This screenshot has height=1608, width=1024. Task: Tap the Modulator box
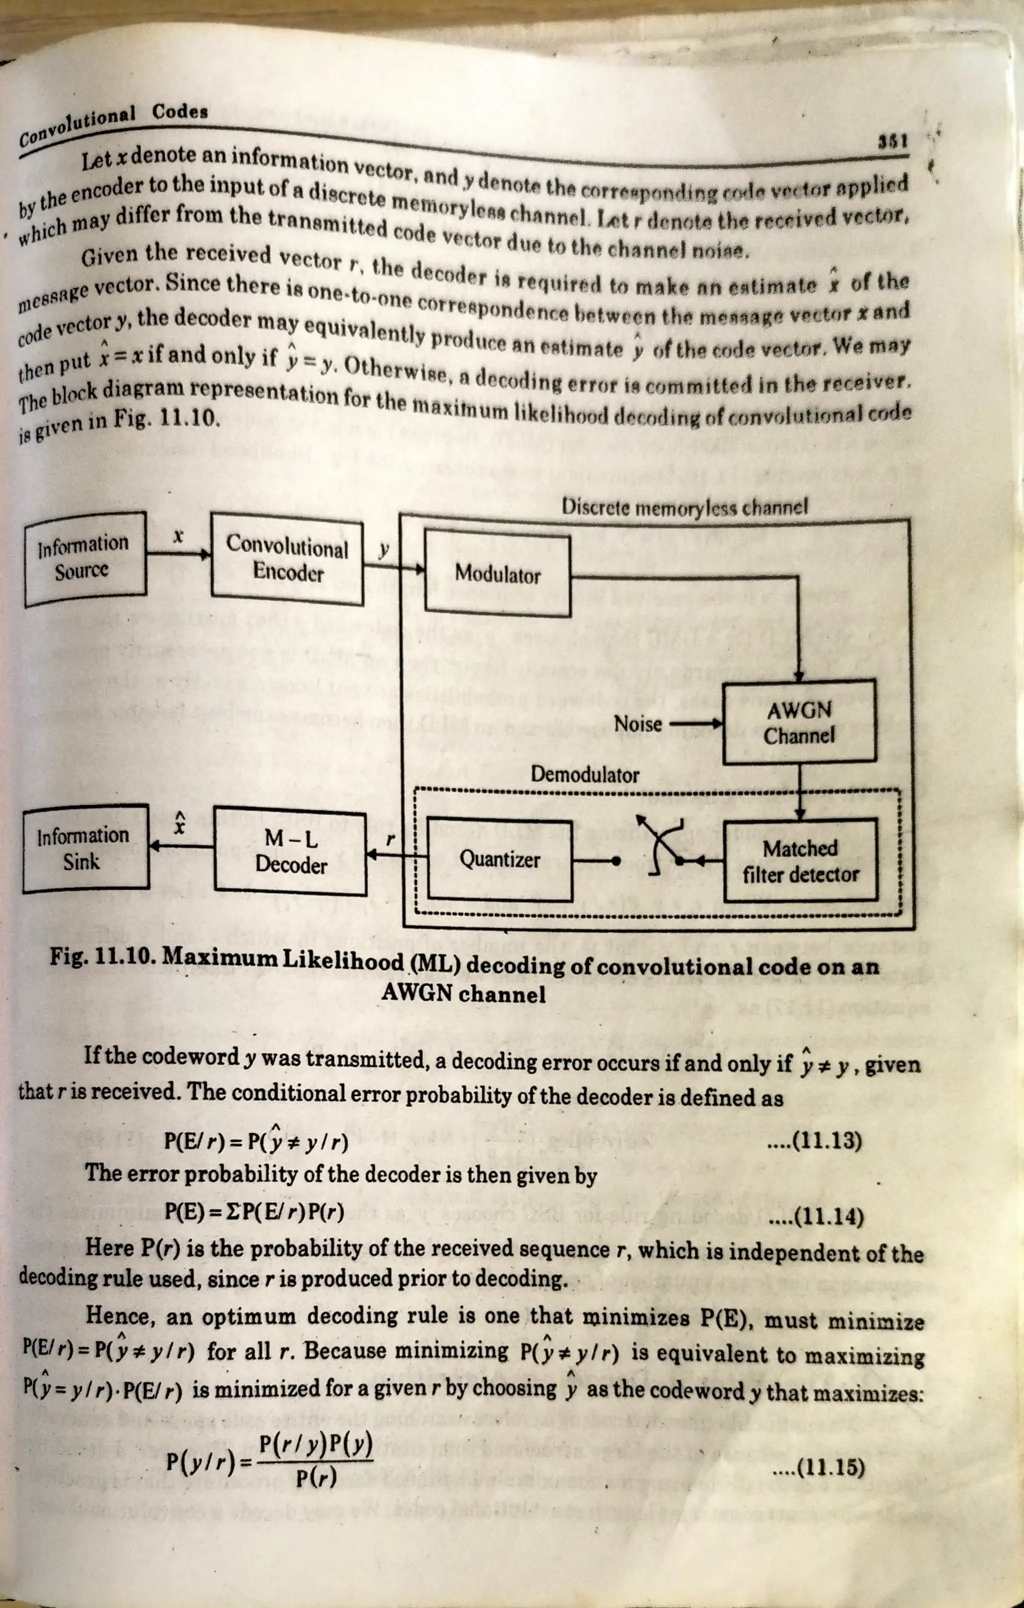tap(497, 574)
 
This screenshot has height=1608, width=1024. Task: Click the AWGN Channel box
tap(799, 723)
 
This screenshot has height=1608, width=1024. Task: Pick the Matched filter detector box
tap(800, 861)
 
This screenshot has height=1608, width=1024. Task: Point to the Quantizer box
tap(499, 859)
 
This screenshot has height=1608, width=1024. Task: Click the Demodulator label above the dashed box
tap(584, 775)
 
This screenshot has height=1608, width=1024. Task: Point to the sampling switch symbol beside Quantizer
tap(658, 845)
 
